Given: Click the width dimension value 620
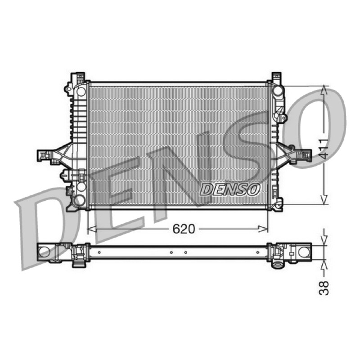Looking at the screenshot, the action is [184, 229].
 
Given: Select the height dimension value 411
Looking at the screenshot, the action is [324, 149].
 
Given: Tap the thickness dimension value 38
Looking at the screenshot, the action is [324, 288].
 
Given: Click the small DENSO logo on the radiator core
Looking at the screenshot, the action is [230, 189].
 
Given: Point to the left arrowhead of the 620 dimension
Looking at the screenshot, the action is [92, 229].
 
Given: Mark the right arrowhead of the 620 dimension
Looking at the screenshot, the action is [263, 229].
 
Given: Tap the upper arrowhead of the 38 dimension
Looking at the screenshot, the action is [324, 241].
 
